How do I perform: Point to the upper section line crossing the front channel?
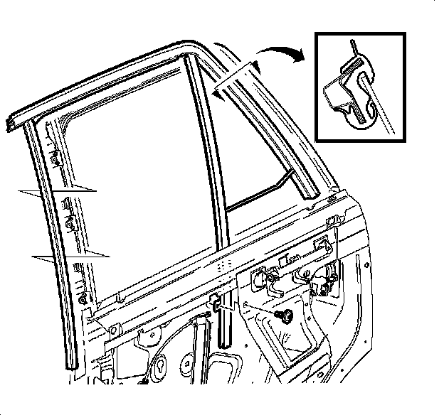coord(57,191)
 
